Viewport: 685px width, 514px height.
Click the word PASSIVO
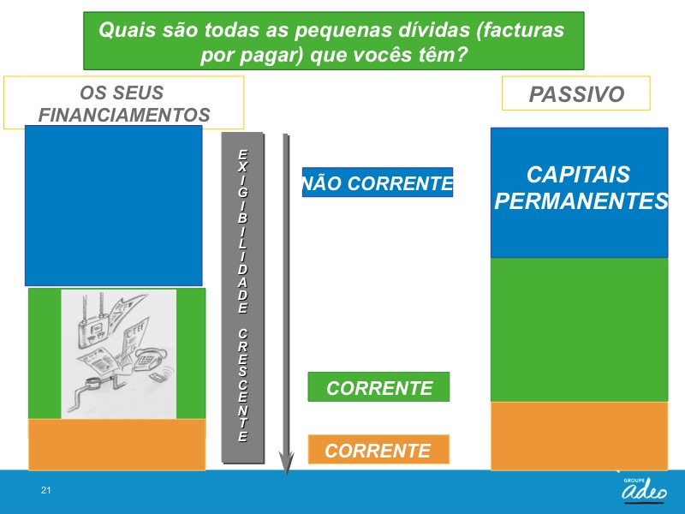(576, 94)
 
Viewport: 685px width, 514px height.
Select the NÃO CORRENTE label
(378, 182)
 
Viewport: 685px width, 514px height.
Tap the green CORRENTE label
(378, 387)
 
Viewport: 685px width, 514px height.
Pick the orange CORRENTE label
(378, 450)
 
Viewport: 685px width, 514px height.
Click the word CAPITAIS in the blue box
(578, 175)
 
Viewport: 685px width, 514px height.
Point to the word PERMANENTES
(581, 200)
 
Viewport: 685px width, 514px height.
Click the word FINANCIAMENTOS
(124, 115)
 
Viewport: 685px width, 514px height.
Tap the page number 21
(46, 490)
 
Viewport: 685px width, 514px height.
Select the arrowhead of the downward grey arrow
(287, 463)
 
